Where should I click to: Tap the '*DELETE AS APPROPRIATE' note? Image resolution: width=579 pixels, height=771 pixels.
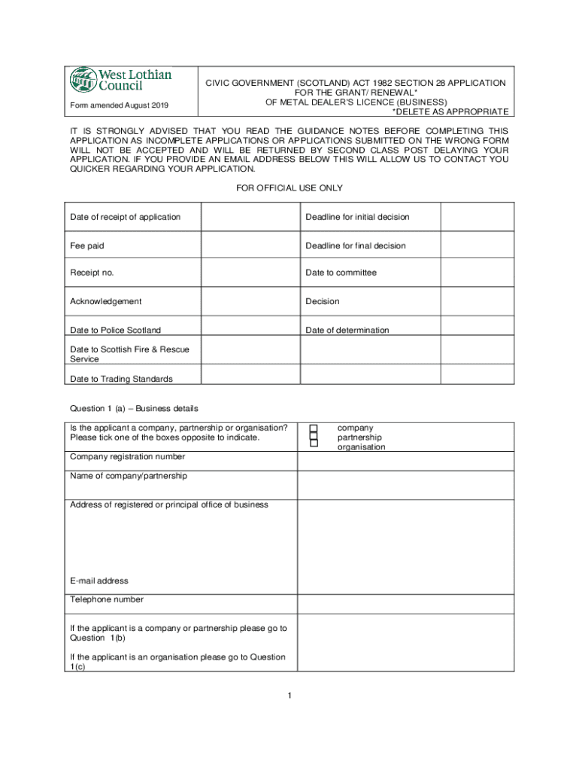450,111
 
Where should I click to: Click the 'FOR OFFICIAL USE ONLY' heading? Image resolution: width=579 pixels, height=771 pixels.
289,187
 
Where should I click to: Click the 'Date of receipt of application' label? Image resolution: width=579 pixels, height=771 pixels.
125,217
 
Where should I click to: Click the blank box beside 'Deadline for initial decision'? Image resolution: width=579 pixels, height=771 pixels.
477,217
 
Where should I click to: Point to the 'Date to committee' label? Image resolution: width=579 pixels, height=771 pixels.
341,273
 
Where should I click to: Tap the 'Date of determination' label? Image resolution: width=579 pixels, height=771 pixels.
347,330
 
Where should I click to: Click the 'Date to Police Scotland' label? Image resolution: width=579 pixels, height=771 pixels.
115,330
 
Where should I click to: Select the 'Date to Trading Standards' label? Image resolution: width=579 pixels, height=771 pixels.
121,379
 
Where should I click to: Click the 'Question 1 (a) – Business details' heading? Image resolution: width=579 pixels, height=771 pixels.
134,408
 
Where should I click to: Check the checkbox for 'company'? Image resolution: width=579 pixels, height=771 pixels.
314,428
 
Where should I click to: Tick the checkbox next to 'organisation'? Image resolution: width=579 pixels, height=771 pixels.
314,444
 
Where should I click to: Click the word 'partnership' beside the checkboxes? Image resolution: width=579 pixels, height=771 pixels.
359,437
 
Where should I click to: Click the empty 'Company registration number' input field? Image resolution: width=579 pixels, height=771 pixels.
406,461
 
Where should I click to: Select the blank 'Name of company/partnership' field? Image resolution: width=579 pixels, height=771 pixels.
406,485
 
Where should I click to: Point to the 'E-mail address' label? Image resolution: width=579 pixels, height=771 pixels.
99,581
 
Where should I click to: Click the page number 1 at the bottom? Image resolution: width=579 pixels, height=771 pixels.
289,695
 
